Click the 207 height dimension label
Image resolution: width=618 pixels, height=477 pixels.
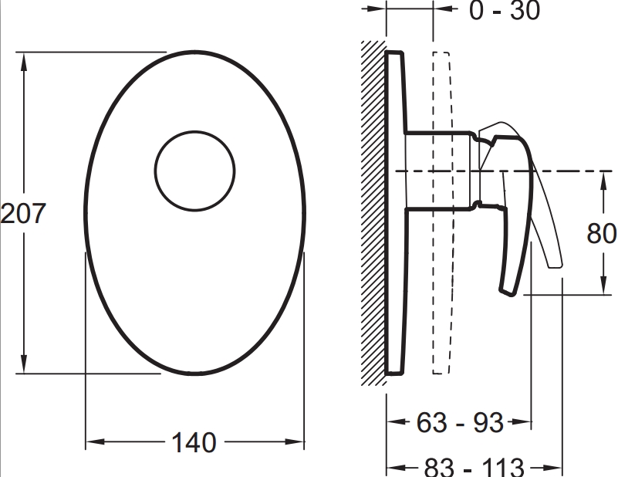point(23,213)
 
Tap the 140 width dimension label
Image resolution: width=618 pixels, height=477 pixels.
point(194,442)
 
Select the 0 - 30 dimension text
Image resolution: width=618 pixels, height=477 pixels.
point(505,10)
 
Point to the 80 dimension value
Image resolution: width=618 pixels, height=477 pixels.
point(601,233)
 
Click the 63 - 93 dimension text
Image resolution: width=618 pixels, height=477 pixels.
point(460,422)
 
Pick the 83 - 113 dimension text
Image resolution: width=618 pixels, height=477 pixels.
point(474,468)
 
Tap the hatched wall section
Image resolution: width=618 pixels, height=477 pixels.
point(373,213)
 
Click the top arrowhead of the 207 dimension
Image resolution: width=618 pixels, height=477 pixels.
point(24,62)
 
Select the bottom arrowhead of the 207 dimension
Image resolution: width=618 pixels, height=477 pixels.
point(24,364)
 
